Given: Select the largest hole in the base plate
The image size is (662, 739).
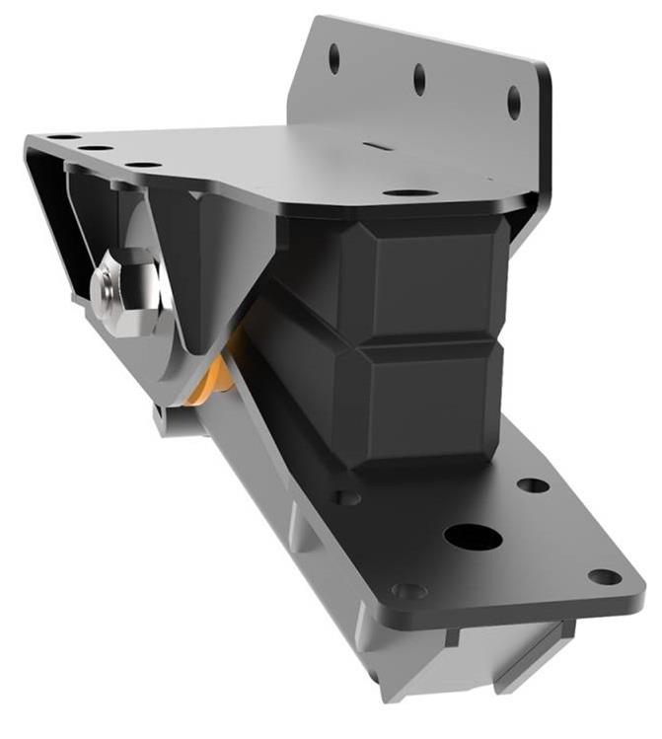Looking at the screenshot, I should point(473,537).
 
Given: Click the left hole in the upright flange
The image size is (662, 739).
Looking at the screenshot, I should point(333,58).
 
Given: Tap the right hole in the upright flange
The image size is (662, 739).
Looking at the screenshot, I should point(514,102).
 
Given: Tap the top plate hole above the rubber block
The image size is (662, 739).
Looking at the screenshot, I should point(409,192).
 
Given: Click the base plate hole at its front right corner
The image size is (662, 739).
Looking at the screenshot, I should point(604,576).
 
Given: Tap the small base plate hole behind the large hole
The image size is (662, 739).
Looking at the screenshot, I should point(533,485).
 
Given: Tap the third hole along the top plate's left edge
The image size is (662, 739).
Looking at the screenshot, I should point(143,165).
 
